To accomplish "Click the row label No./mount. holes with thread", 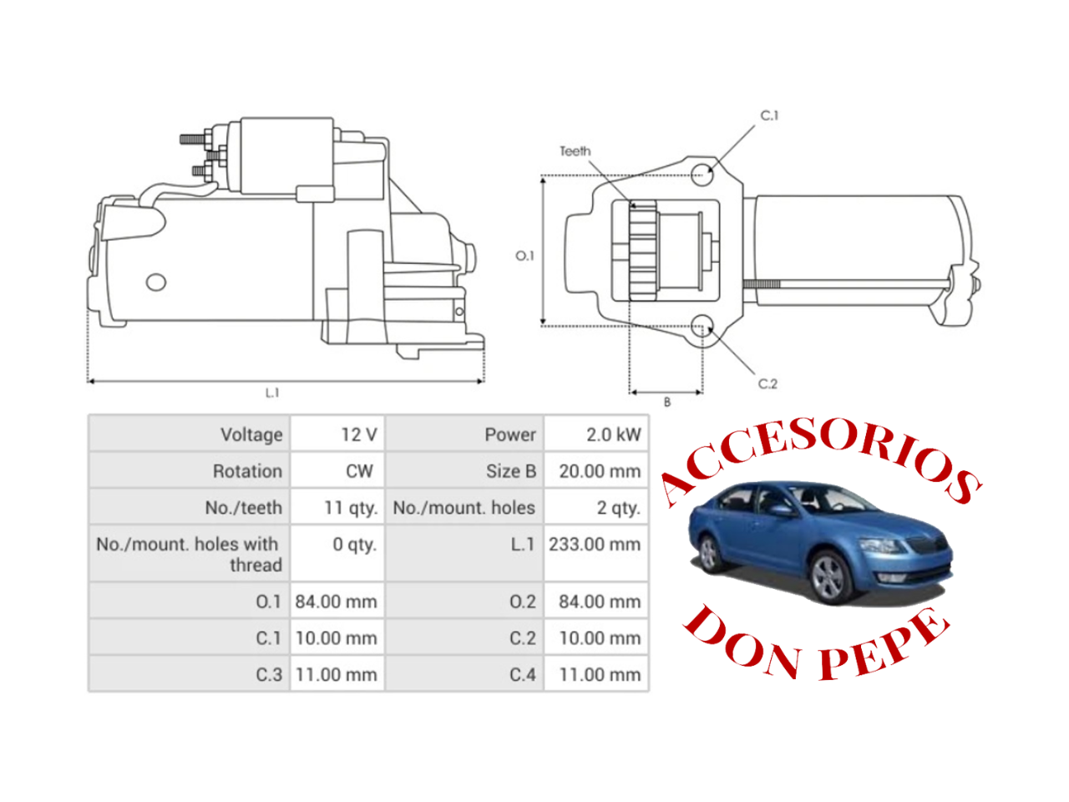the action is [x=189, y=554].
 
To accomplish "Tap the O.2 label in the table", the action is [x=523, y=601].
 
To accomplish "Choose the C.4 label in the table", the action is [x=523, y=674].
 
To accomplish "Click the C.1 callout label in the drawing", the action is [x=769, y=115].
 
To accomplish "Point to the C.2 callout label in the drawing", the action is [x=768, y=383].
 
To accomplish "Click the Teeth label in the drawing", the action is [x=575, y=151].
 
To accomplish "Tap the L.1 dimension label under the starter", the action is [x=272, y=393].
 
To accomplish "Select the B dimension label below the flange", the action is [x=667, y=402].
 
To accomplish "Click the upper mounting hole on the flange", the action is [x=702, y=175].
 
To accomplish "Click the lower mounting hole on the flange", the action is [x=702, y=326].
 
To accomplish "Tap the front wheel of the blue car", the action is [x=828, y=577].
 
